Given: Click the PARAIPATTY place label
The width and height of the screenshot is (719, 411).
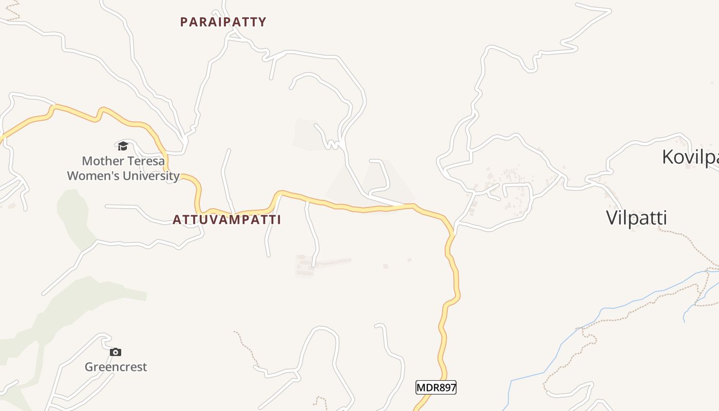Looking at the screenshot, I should [x=223, y=22].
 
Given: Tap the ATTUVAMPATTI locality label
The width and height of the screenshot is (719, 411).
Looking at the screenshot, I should [x=226, y=220].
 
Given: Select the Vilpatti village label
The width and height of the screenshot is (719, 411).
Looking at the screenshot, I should [x=636, y=218].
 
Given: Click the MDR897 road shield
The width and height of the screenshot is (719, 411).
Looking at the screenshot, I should [x=436, y=387].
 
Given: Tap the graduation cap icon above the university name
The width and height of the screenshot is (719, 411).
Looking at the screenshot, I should [x=122, y=146].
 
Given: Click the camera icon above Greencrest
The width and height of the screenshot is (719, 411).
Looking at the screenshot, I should [x=116, y=352].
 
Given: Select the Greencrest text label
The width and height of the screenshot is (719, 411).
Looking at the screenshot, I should [x=116, y=367].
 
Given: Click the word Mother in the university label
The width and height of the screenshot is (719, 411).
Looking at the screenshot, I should [x=103, y=161].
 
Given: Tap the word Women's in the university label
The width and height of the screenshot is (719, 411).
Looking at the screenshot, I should [x=93, y=176].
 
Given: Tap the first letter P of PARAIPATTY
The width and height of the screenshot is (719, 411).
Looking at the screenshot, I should [x=184, y=22].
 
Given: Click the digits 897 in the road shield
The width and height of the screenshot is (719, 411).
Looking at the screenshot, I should [x=445, y=387].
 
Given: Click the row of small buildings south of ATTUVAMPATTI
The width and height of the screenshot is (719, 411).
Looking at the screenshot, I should [x=324, y=264].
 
